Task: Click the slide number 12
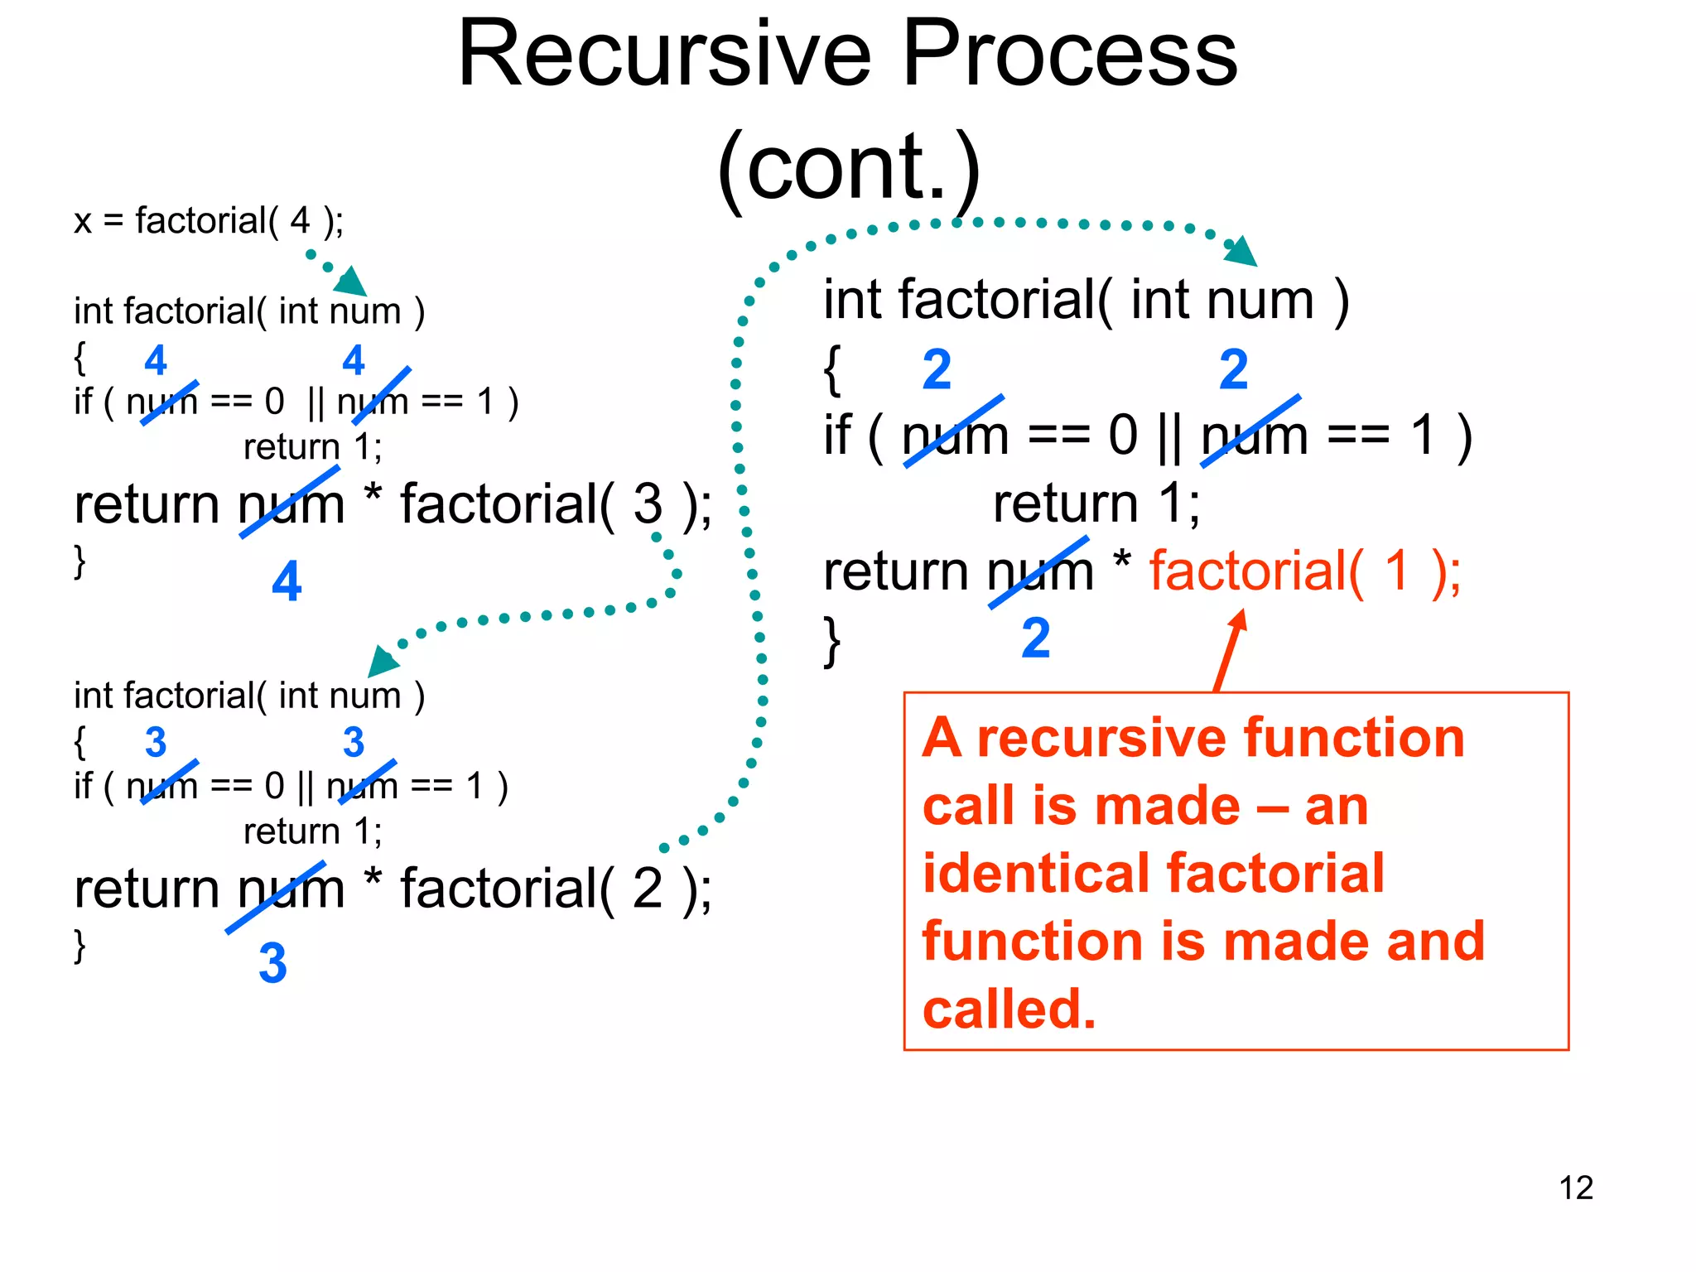tap(1575, 1188)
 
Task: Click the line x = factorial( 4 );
tap(208, 221)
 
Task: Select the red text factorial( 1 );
tap(1305, 571)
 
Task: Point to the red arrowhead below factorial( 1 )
tap(1237, 622)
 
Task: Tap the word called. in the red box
tap(1009, 1009)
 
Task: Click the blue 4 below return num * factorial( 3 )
tap(287, 581)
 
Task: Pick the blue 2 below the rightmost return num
tap(1035, 638)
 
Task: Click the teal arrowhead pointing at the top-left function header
tap(353, 282)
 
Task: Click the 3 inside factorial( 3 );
tap(648, 503)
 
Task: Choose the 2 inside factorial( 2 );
tap(648, 889)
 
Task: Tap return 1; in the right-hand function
tap(1096, 503)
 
